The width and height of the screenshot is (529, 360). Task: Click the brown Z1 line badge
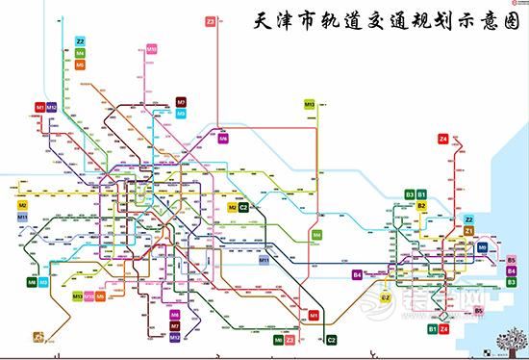[469, 231]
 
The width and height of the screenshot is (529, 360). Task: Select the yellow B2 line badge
[421, 205]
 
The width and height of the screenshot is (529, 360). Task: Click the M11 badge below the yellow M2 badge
[22, 219]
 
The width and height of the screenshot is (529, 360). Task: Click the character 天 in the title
[257, 19]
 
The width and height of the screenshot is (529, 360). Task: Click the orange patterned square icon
[38, 337]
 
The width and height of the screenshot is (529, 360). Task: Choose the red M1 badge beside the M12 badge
[39, 106]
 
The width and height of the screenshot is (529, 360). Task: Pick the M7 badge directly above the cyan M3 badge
[181, 102]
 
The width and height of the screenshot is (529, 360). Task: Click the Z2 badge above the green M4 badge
[80, 41]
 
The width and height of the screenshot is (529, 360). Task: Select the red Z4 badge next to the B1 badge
[444, 330]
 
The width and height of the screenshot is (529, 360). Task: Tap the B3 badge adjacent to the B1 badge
[410, 194]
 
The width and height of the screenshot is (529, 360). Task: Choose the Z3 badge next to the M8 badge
[290, 340]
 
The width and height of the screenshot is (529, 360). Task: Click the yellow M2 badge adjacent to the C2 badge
[232, 207]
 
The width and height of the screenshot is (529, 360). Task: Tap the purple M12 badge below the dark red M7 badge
[174, 337]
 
